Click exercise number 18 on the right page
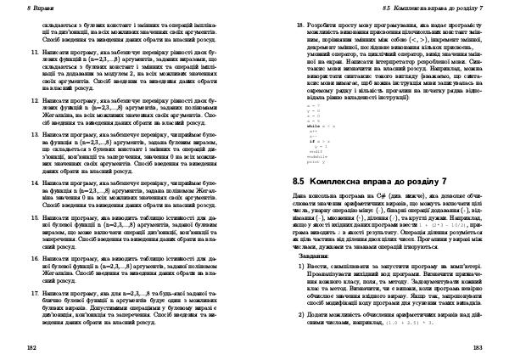pyautogui.click(x=299, y=27)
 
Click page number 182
pyautogui.click(x=31, y=347)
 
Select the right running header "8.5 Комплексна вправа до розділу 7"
pyautogui.click(x=433, y=8)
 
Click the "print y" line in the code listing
pyautogui.click(x=316, y=160)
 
